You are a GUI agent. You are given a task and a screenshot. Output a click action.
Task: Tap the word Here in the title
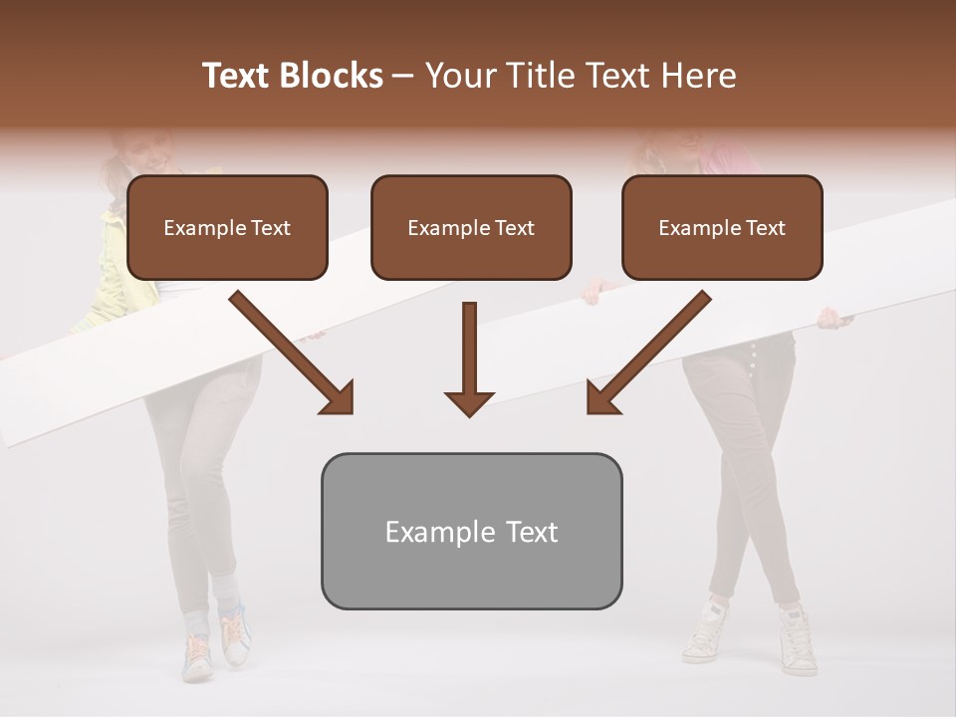(x=698, y=76)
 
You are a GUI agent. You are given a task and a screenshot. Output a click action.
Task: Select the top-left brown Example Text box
(x=227, y=227)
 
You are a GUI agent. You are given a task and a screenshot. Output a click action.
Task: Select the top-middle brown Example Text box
(x=471, y=227)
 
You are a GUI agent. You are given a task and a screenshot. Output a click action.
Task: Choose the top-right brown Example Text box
(x=722, y=227)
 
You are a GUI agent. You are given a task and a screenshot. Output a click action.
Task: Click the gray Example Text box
(x=471, y=531)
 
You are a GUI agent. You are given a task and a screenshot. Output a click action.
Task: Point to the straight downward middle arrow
(x=469, y=358)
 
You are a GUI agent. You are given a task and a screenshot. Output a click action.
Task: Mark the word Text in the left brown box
(x=271, y=228)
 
